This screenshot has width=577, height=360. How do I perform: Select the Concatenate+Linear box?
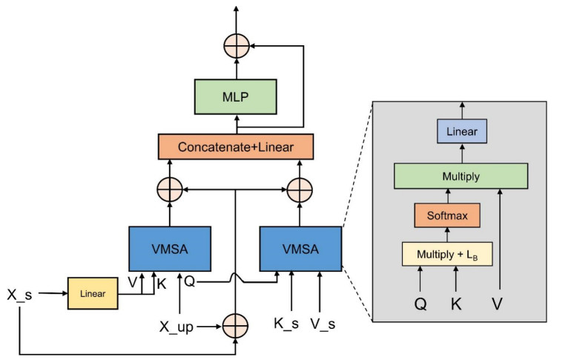click(236, 147)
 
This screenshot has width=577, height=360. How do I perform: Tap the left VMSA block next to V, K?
click(170, 250)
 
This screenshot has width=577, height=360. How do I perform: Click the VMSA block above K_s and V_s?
click(300, 250)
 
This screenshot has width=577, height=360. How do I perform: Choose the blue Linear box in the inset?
click(461, 131)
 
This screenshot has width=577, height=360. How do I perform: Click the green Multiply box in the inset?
click(461, 176)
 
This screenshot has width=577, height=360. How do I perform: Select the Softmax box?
click(446, 215)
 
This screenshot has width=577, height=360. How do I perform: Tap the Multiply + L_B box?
click(446, 254)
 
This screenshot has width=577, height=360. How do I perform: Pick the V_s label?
click(322, 324)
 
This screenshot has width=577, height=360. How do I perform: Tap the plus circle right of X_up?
click(236, 325)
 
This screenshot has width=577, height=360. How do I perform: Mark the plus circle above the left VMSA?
click(170, 190)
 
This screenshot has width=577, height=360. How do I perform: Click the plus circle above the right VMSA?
click(300, 190)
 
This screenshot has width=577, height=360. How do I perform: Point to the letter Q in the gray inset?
click(420, 304)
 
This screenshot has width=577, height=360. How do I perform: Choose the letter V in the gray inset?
click(501, 304)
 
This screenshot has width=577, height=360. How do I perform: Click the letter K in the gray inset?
click(456, 304)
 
